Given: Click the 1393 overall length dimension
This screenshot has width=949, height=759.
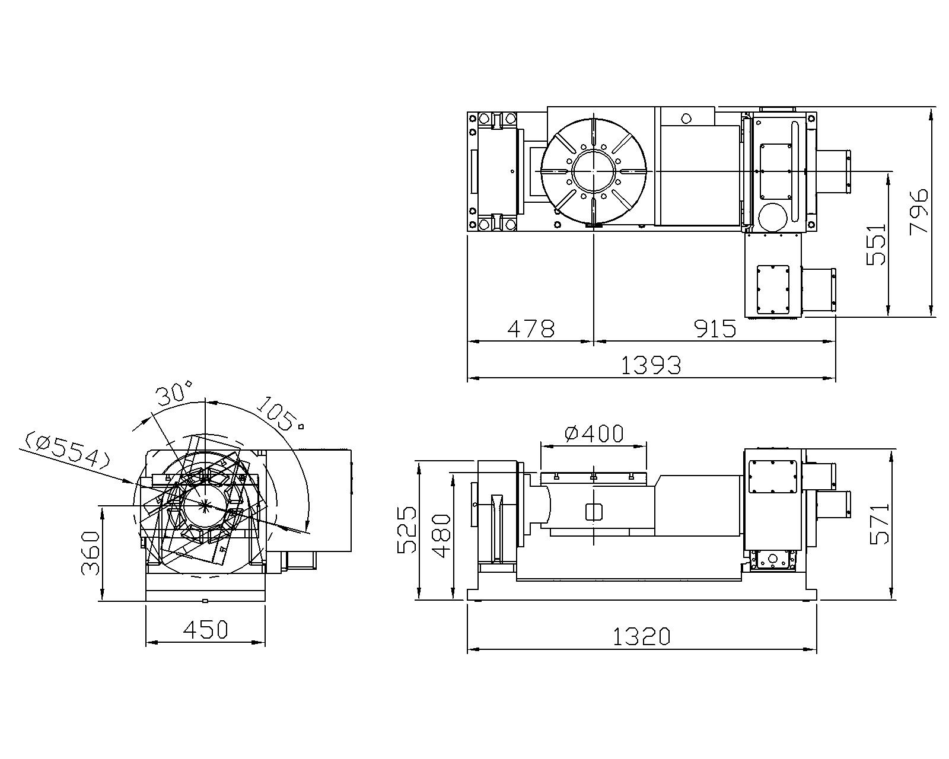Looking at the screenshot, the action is tap(651, 365).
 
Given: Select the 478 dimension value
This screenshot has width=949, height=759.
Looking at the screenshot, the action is tap(530, 329).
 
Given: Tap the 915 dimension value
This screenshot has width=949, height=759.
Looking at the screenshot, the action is tap(715, 329).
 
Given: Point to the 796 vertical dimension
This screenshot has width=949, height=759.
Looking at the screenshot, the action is tap(919, 212).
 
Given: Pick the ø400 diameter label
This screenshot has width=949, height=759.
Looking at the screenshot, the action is tap(594, 433).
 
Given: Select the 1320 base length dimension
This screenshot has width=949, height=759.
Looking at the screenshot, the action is tap(642, 636).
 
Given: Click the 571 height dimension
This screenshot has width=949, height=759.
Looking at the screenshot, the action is tap(880, 524).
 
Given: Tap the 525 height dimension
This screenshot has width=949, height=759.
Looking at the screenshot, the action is tap(407, 530).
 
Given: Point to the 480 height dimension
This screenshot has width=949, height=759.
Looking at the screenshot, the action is tap(441, 536).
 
